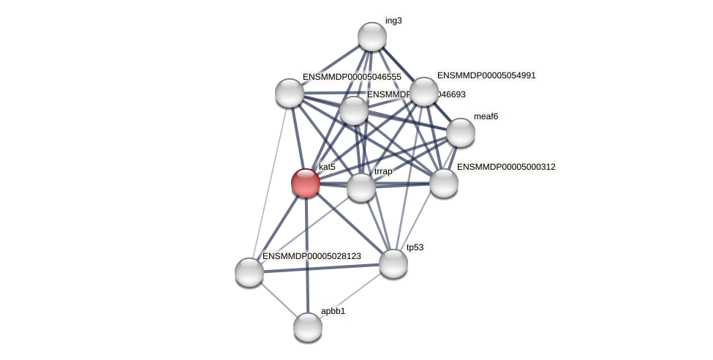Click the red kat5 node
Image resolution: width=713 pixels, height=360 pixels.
306,182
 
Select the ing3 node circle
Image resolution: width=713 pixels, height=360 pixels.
371,37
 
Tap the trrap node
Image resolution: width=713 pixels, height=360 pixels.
361,187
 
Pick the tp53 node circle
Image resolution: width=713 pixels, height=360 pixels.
393,263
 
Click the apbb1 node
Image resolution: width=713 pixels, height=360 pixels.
308,326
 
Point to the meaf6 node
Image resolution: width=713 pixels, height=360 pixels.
460,132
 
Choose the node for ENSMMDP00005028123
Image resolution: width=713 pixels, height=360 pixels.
249,271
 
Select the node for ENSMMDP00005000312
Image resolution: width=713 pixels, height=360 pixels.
443,183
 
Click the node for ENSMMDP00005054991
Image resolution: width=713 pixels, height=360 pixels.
424,91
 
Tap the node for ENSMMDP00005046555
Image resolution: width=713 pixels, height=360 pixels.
290,93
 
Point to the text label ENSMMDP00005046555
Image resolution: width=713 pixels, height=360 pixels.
352,77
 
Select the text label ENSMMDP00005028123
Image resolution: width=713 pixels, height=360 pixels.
312,256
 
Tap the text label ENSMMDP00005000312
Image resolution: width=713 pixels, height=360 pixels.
506,168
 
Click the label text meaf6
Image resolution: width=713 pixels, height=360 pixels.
486,116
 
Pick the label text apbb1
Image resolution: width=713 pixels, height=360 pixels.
333,311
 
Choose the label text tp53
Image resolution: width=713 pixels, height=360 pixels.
415,247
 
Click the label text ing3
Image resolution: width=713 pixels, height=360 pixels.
393,20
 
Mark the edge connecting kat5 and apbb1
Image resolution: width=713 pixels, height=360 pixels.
306,256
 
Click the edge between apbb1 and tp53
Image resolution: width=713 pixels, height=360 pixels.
351,294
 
